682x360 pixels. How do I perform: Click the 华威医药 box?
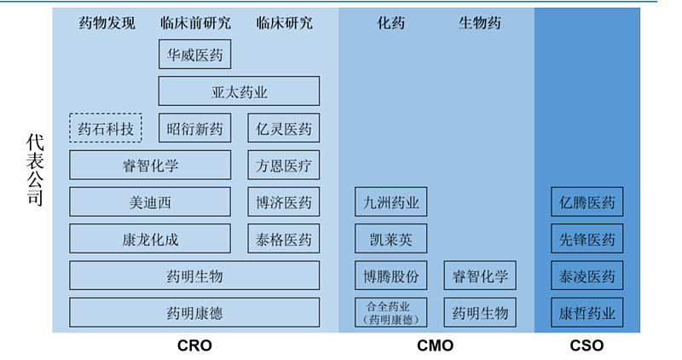click(x=194, y=55)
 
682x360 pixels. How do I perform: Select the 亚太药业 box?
click(x=239, y=91)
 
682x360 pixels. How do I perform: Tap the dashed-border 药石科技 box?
click(x=106, y=129)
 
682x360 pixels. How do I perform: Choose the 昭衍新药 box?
click(x=194, y=129)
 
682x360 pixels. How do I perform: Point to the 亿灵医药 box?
click(x=284, y=129)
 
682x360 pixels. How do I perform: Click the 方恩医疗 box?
click(x=284, y=165)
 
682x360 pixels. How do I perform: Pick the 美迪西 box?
click(x=150, y=202)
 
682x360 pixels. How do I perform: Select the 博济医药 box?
click(x=284, y=202)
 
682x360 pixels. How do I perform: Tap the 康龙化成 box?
click(x=150, y=239)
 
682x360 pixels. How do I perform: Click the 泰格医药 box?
click(x=284, y=239)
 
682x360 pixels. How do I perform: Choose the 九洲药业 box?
click(x=391, y=202)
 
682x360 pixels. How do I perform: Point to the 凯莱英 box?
click(x=391, y=239)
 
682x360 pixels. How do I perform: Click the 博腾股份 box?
click(x=391, y=276)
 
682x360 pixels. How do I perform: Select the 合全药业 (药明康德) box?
click(x=391, y=312)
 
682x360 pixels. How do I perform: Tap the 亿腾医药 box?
click(x=587, y=202)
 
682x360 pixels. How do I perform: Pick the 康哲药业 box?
click(x=587, y=312)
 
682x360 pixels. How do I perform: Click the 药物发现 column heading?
click(x=107, y=23)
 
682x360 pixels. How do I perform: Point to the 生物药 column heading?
click(x=480, y=23)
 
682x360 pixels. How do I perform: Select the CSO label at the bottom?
click(x=587, y=345)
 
